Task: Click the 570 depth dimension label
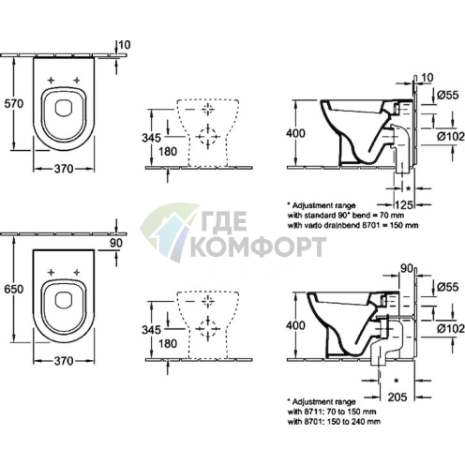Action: point(14,103)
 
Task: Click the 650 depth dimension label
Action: point(14,289)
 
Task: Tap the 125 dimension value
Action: point(404,205)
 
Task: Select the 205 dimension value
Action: point(397,397)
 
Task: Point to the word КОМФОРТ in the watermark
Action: point(259,247)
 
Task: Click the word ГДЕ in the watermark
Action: point(222,220)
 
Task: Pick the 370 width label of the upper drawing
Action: point(64,169)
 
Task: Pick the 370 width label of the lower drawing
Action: point(64,361)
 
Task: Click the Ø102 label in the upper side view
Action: point(451,137)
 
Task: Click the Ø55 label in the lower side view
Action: point(448,287)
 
